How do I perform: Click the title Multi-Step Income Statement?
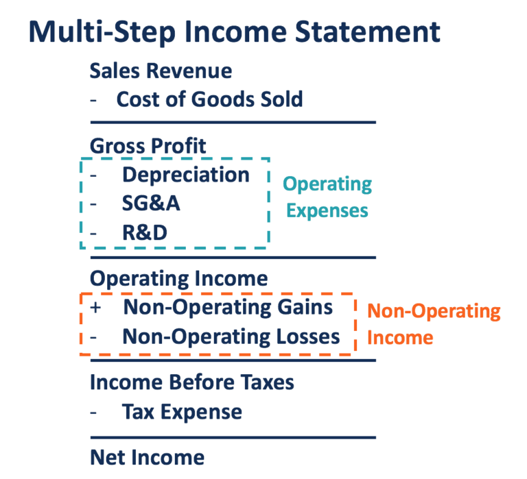(x=234, y=32)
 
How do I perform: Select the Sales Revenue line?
(x=161, y=70)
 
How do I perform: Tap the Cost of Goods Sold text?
(x=209, y=99)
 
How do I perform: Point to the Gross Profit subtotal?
(x=148, y=145)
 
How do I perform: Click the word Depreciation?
(x=185, y=174)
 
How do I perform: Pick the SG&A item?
(x=151, y=204)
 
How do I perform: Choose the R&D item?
(x=145, y=233)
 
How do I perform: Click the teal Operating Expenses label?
(x=327, y=197)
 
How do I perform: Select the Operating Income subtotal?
(x=178, y=278)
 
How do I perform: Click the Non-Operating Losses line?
(x=231, y=336)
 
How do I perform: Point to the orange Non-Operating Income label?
(x=434, y=323)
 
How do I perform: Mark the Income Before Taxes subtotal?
(x=192, y=382)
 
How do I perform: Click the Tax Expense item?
(x=182, y=412)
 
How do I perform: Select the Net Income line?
(x=147, y=457)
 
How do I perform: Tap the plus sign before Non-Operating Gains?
(x=95, y=308)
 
